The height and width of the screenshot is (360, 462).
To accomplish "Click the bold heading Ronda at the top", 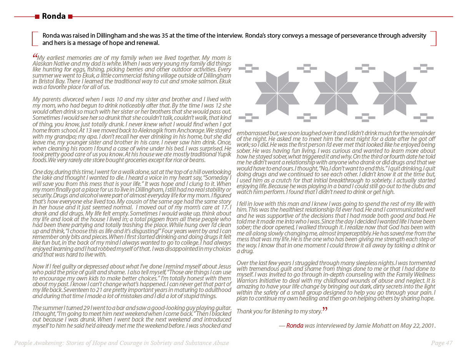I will click(53, 16).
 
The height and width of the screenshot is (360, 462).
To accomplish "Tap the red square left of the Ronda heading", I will click(37, 17).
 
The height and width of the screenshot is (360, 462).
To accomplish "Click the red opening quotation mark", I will click(35, 56).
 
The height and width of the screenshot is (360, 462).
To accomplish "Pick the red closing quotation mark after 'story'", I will click(325, 309).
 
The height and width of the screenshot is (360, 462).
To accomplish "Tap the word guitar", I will click(222, 308).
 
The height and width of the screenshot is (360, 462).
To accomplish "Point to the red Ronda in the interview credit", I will click(295, 326).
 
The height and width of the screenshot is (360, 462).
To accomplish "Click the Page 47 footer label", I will click(442, 343).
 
